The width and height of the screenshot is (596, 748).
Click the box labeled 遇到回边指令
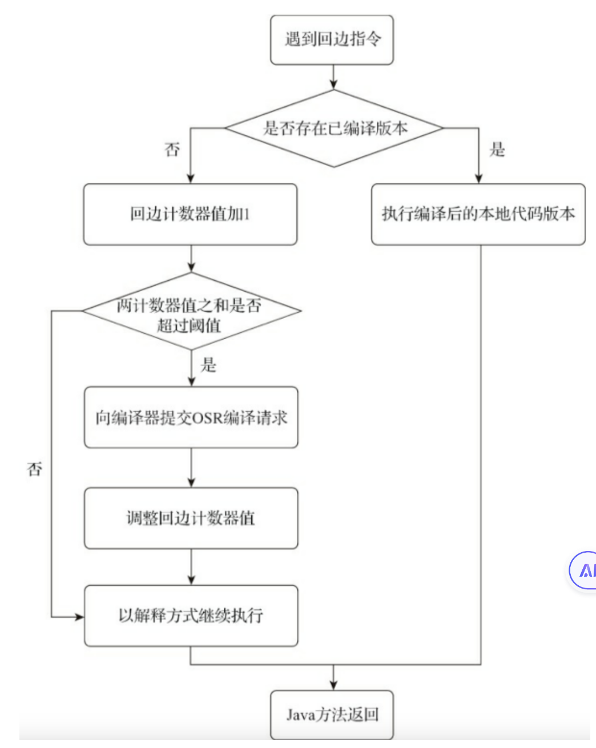pyautogui.click(x=332, y=40)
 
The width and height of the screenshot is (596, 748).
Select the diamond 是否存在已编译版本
pyautogui.click(x=334, y=128)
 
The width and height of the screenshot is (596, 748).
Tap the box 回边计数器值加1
pyautogui.click(x=190, y=215)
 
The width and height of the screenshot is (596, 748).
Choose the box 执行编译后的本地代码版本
pyautogui.click(x=478, y=215)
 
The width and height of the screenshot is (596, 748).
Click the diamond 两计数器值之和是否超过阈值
pyautogui.click(x=191, y=312)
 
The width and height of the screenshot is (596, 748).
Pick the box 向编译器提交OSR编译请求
pyautogui.click(x=191, y=417)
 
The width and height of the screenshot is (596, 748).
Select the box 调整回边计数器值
pyautogui.click(x=191, y=518)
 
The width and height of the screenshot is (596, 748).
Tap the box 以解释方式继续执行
pyautogui.click(x=191, y=616)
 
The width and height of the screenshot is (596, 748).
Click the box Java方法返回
pyautogui.click(x=332, y=714)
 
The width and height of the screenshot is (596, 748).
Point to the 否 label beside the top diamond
pyautogui.click(x=172, y=150)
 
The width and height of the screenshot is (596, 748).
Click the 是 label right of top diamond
pyautogui.click(x=497, y=150)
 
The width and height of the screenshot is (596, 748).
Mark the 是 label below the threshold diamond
pyautogui.click(x=208, y=365)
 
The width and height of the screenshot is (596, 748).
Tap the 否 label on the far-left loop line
pyautogui.click(x=34, y=470)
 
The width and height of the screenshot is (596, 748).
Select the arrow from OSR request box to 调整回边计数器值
pyautogui.click(x=191, y=468)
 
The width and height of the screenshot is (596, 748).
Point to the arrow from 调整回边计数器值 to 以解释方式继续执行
pyautogui.click(x=191, y=567)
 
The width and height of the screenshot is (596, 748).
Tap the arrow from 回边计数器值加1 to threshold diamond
pyautogui.click(x=191, y=259)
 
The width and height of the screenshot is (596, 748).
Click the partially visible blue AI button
pyautogui.click(x=584, y=570)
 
